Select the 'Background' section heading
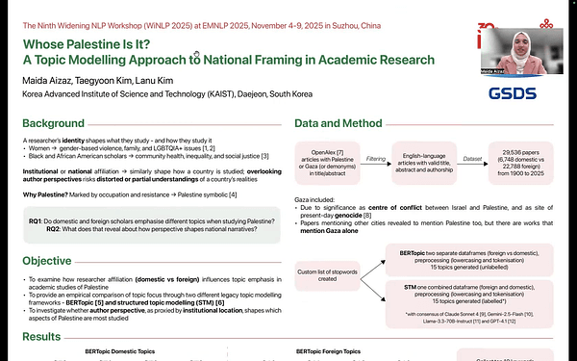(52, 125)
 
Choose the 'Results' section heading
(41, 338)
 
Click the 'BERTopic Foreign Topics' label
(333, 352)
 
